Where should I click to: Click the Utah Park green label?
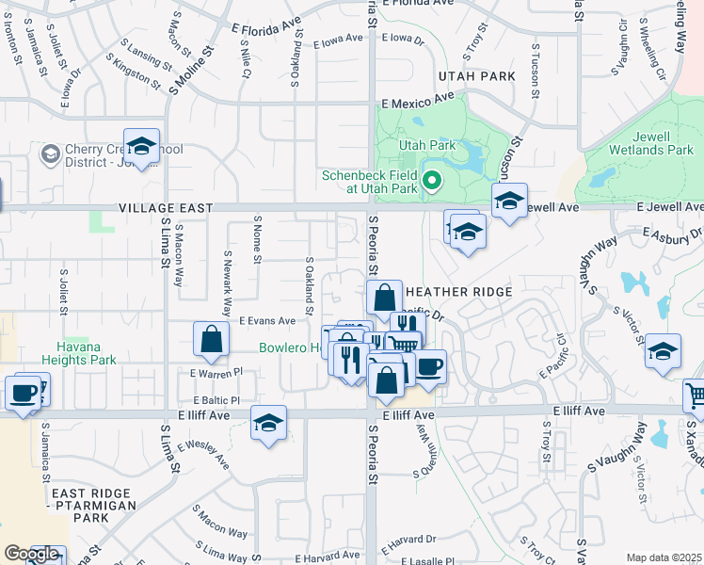coord(426,145)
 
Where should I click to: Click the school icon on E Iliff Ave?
coord(269,424)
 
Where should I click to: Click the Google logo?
coord(31,555)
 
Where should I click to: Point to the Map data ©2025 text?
coord(664,557)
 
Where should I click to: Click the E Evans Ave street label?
coord(266,321)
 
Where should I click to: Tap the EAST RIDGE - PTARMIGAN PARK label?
coord(94,505)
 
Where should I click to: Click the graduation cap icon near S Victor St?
coord(664,350)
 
